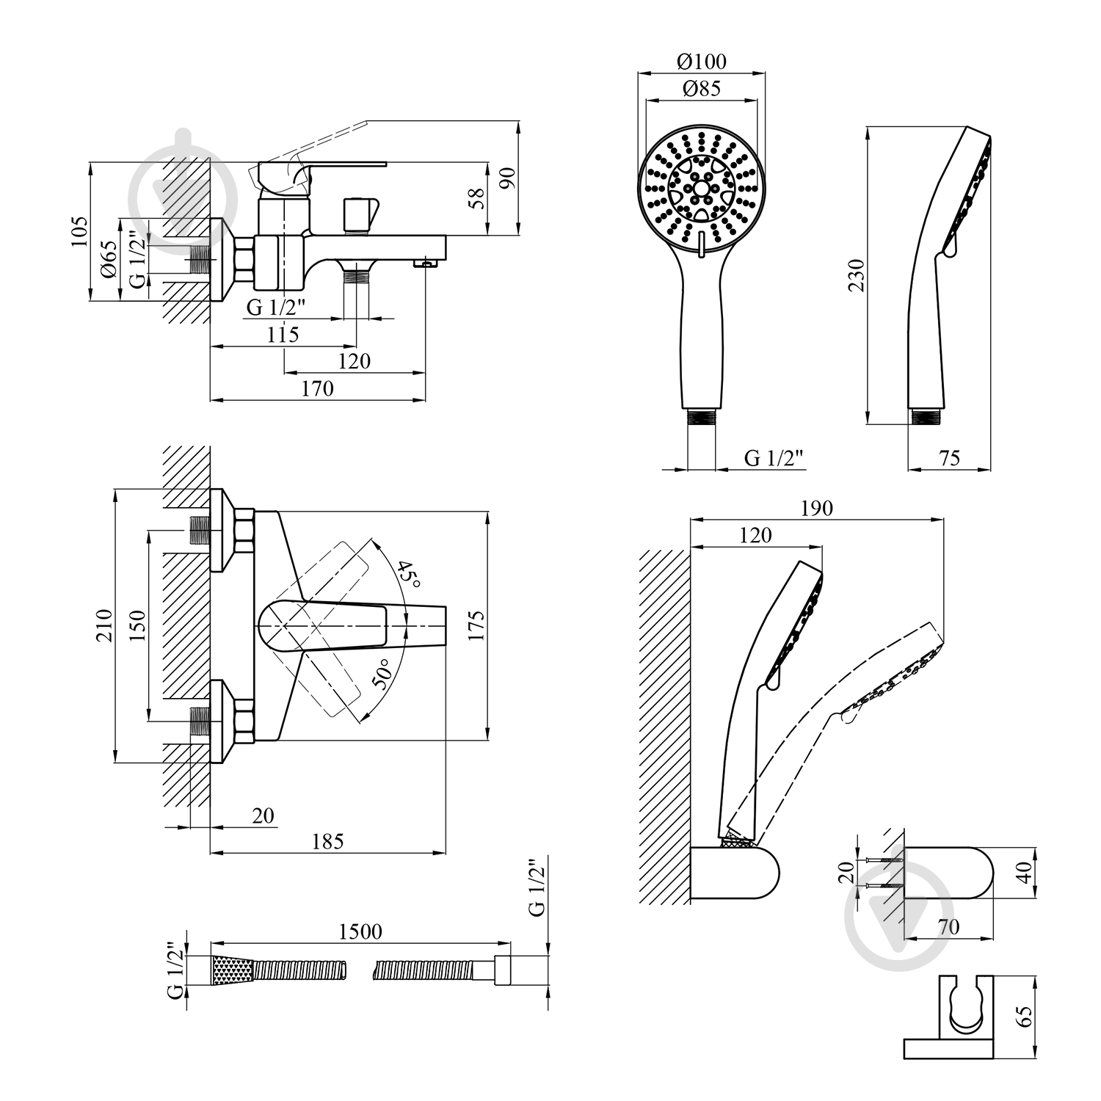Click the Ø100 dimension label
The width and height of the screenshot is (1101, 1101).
pyautogui.click(x=701, y=61)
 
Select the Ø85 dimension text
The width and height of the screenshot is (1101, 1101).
pyautogui.click(x=701, y=89)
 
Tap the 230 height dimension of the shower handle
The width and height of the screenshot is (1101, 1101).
pyautogui.click(x=856, y=275)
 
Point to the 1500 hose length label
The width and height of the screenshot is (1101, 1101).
pyautogui.click(x=360, y=931)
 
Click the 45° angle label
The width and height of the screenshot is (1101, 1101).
pyautogui.click(x=408, y=575)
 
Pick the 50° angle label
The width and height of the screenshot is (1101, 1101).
pyautogui.click(x=381, y=673)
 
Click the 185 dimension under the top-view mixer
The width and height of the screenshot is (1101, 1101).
pyautogui.click(x=327, y=841)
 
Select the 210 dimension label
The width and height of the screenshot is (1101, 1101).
pyautogui.click(x=104, y=625)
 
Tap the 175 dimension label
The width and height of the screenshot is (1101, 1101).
pyautogui.click(x=476, y=625)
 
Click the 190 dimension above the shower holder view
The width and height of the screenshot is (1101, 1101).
pyautogui.click(x=816, y=508)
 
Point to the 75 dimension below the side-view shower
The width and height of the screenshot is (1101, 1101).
pyautogui.click(x=949, y=457)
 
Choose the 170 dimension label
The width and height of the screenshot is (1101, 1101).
pyautogui.click(x=317, y=388)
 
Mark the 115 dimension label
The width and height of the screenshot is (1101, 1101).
pyautogui.click(x=283, y=335)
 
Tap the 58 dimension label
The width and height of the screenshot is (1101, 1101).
pyautogui.click(x=477, y=198)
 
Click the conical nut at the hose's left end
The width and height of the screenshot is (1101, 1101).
pyautogui.click(x=233, y=970)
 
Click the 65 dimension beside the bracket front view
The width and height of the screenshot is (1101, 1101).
pyautogui.click(x=1025, y=1017)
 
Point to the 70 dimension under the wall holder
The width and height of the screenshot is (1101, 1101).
pyautogui.click(x=948, y=927)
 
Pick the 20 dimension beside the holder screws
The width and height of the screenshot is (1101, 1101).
pyautogui.click(x=846, y=873)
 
